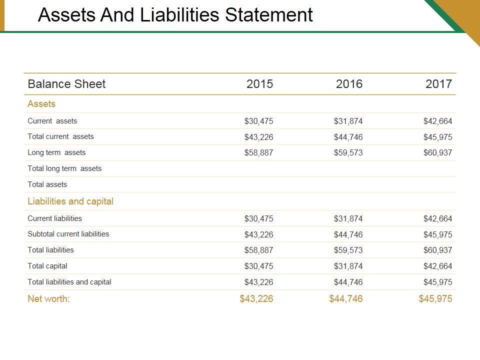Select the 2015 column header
tap(259, 84)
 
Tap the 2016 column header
tap(349, 84)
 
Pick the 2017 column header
tap(438, 84)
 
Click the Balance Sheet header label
tap(66, 84)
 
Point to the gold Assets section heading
tap(41, 104)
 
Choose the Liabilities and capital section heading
tap(70, 201)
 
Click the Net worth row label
tap(48, 299)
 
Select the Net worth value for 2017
tap(435, 299)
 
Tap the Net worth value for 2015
tap(256, 299)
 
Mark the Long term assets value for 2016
tap(348, 153)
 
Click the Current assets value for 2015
tap(258, 121)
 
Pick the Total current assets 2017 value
tap(437, 137)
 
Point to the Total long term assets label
tap(64, 168)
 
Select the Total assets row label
tap(47, 184)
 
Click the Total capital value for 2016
tap(348, 266)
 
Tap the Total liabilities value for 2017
tap(437, 250)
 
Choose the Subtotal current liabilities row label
tap(68, 234)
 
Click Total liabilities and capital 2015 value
tap(258, 282)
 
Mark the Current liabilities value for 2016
tap(348, 218)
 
